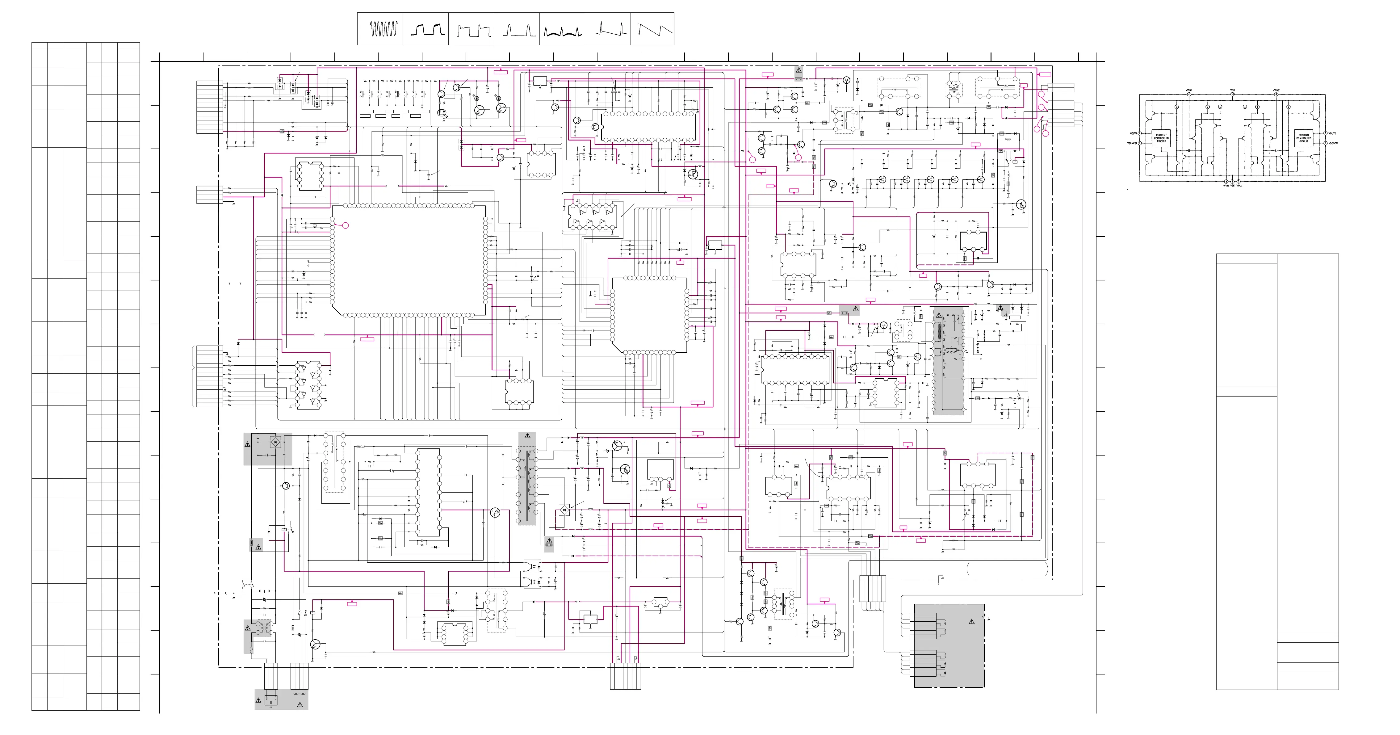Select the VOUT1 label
pos(1133,133)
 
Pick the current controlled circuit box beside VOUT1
pos(1161,138)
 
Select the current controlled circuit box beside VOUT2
pos(1304,138)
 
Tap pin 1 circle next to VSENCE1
pos(1140,144)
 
